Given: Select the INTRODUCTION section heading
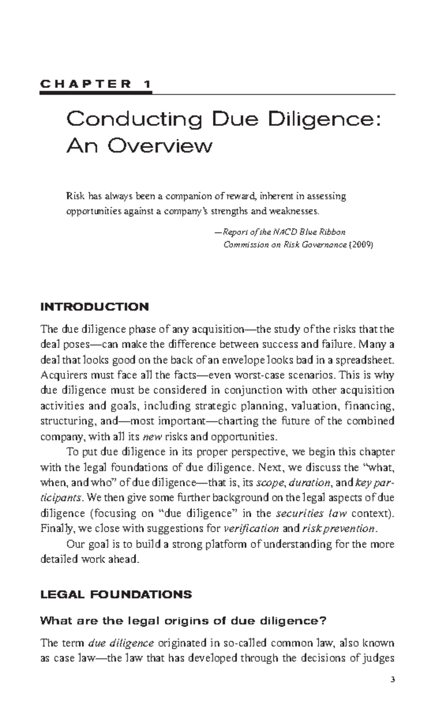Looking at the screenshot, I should pyautogui.click(x=95, y=307).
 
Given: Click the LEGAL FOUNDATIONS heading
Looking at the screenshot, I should pyautogui.click(x=116, y=594).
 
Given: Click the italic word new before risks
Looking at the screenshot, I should pyautogui.click(x=152, y=437).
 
